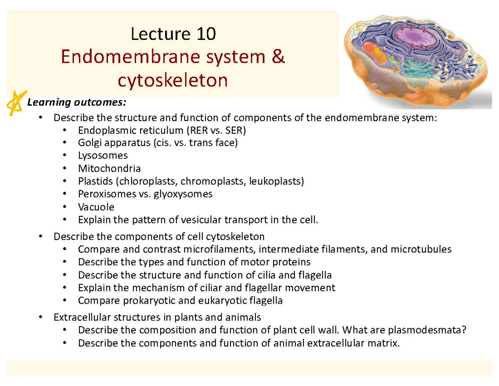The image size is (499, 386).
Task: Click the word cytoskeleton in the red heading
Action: click(x=173, y=81)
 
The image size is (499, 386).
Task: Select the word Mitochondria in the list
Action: click(x=109, y=168)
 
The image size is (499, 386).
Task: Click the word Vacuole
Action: click(x=96, y=206)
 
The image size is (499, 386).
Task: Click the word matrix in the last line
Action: click(x=379, y=343)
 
